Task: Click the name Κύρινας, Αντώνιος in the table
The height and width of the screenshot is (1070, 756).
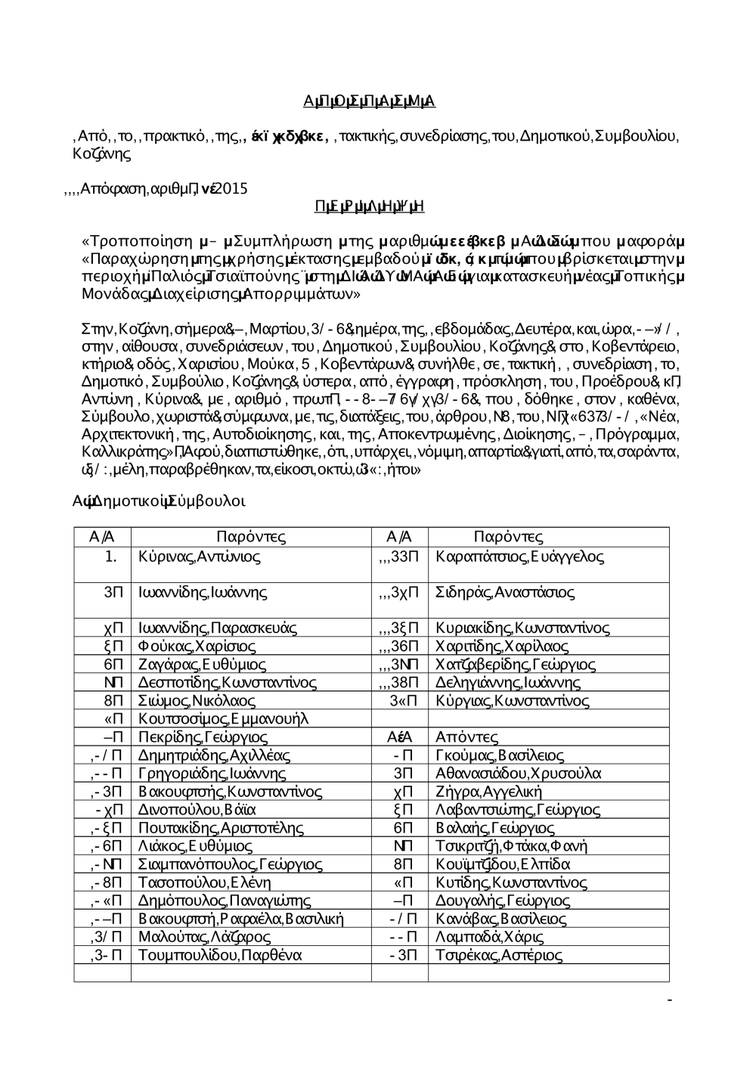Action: coord(200,557)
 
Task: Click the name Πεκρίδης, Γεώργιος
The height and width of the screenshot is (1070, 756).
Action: coord(203,737)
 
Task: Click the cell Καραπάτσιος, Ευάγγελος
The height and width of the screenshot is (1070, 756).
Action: coord(519,557)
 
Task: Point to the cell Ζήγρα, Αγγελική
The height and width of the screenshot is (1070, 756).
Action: coord(489,792)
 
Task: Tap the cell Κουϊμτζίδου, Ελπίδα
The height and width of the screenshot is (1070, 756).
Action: coord(503,864)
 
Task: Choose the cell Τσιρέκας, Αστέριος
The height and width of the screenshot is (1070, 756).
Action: coord(499,955)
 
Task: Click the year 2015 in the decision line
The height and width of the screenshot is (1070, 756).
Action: coord(231,189)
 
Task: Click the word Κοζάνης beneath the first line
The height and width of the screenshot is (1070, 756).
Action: coord(101,154)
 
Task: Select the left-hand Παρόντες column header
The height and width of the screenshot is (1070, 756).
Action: coord(250,538)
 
